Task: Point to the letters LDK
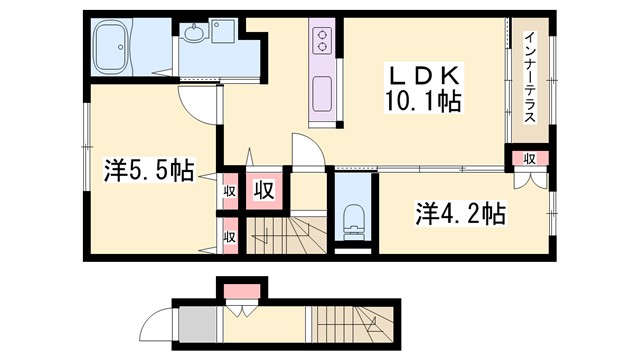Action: point(421,75)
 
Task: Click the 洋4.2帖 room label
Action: point(460,213)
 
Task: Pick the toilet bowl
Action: point(351,223)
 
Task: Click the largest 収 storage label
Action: point(264,189)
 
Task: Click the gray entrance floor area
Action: point(194,325)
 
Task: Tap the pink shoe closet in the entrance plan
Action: point(241,291)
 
